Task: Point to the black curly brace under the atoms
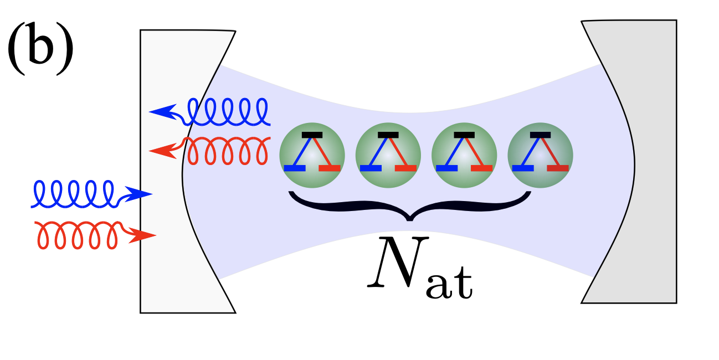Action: tap(410, 205)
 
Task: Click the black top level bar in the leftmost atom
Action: tap(312, 135)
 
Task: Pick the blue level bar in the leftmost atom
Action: tap(294, 167)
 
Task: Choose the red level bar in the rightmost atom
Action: tap(558, 167)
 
